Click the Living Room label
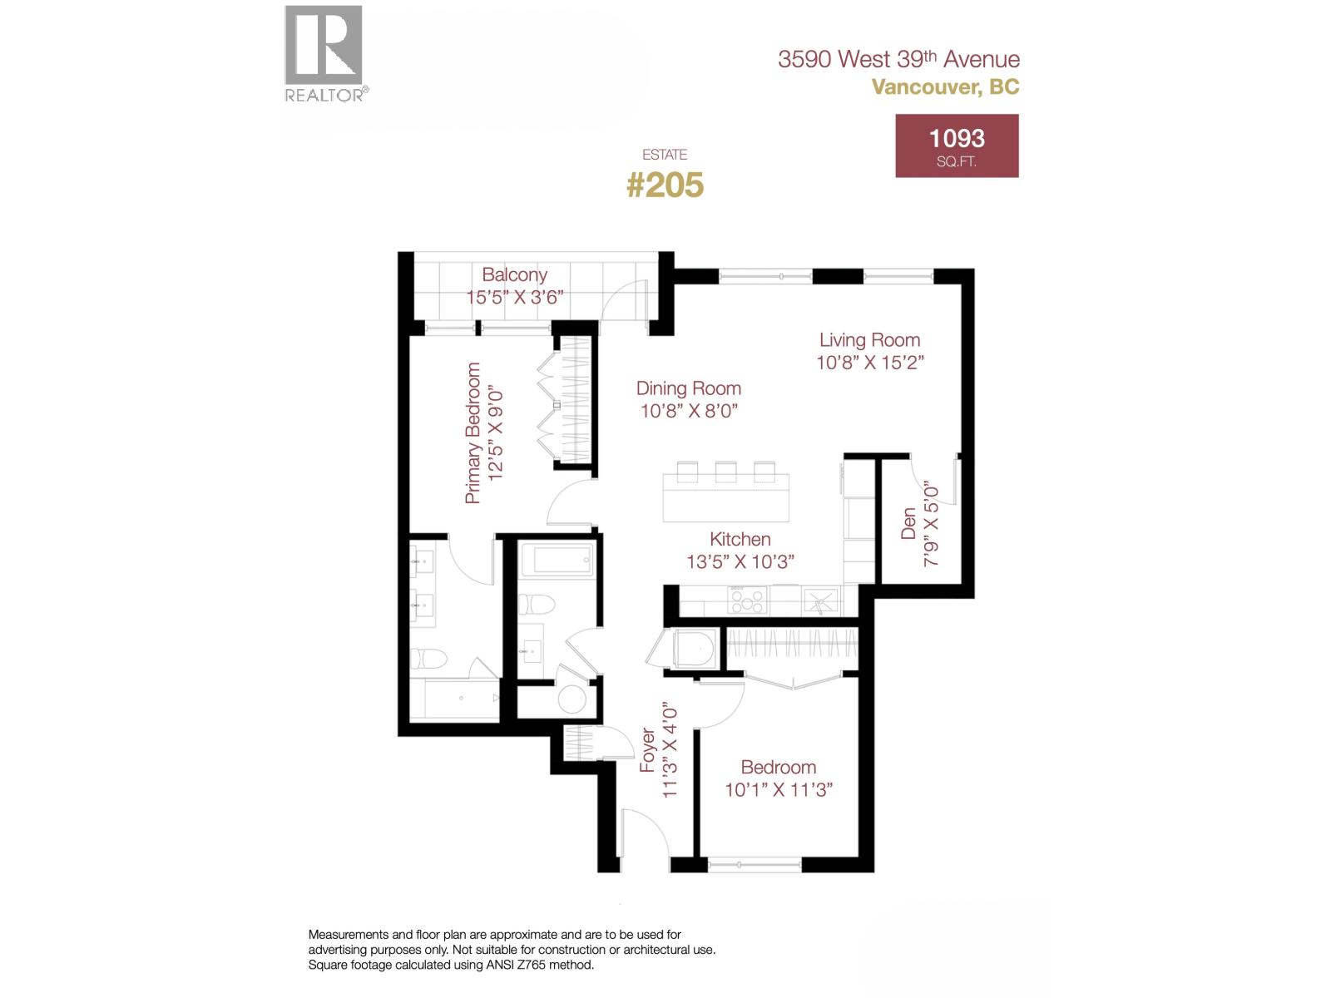pos(869,339)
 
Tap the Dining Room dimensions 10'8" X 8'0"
pos(689,411)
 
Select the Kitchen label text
pos(740,539)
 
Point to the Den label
pos(908,523)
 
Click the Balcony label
pos(514,274)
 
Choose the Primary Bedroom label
pos(473,432)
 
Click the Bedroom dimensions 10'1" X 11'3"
pos(779,790)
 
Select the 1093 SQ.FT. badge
pos(957,146)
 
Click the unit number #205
pos(665,185)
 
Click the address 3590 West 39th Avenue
pos(898,59)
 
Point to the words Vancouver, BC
pos(945,86)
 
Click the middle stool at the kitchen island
pos(726,472)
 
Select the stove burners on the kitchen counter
pos(746,600)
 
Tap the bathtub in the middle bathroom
pos(562,560)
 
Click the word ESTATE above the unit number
pos(665,155)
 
